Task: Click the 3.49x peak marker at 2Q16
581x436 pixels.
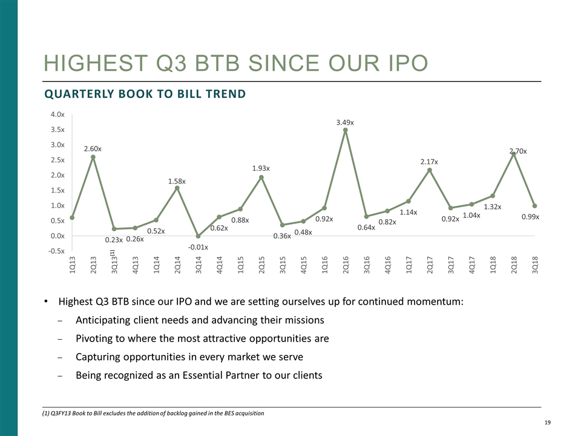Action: [x=345, y=130]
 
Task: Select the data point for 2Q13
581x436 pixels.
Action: [x=93, y=157]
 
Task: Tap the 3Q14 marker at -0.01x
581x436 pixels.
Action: [x=199, y=236]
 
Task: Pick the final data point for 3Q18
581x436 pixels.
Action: [x=534, y=206]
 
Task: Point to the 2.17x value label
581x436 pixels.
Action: [x=429, y=162]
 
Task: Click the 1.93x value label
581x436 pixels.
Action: [x=261, y=168]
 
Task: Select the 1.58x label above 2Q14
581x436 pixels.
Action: [x=177, y=181]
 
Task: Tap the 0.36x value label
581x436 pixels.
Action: [x=282, y=236]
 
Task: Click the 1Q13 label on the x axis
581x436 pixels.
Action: [x=73, y=266]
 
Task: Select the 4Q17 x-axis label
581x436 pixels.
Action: [x=471, y=266]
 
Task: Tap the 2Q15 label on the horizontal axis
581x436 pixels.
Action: [x=261, y=266]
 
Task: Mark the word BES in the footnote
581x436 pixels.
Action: [x=229, y=413]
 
